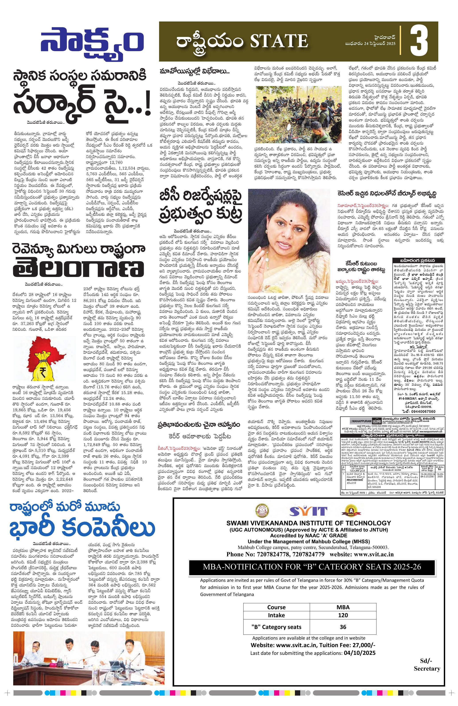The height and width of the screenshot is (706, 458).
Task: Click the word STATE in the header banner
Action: tap(279, 41)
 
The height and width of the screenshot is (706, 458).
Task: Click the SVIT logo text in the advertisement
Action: tap(308, 511)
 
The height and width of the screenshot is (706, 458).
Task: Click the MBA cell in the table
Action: tap(343, 607)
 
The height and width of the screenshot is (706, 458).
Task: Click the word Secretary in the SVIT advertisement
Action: tap(427, 674)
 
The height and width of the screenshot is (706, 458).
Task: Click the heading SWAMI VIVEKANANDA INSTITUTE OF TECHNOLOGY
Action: tap(309, 523)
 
